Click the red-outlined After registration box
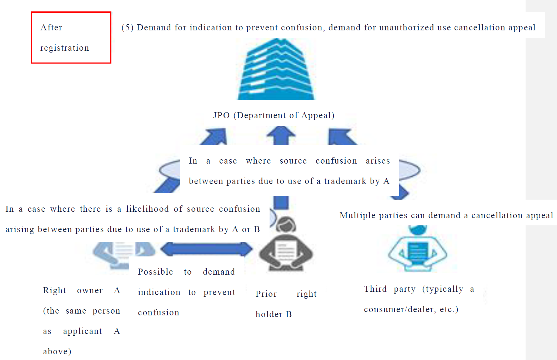[71, 37]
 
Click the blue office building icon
[276, 69]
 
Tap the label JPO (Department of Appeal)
[274, 115]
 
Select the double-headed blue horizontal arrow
[206, 249]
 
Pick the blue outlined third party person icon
[418, 249]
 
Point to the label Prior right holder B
[286, 304]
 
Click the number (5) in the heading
[127, 27]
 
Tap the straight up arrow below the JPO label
[281, 135]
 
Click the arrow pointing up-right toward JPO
[214, 137]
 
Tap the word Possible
[155, 272]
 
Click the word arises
[378, 161]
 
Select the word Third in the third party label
[376, 289]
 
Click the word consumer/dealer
[400, 310]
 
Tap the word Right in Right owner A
[55, 291]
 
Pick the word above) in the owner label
[57, 351]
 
